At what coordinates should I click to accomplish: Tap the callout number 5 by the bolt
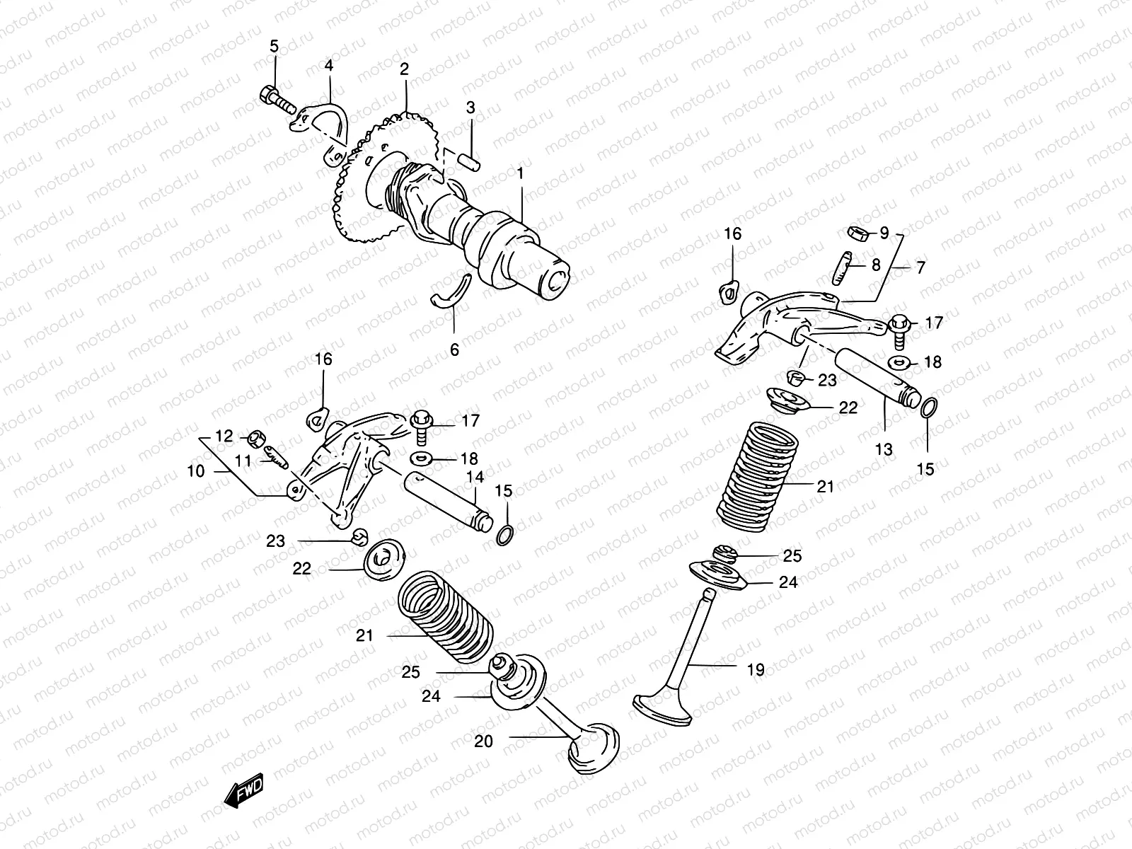click(x=275, y=47)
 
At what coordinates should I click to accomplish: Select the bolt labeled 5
click(x=277, y=99)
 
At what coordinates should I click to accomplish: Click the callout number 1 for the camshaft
click(x=520, y=173)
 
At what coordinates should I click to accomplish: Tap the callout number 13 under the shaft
click(x=883, y=449)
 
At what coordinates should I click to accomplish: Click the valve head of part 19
click(x=662, y=709)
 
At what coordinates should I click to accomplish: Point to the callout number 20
click(x=483, y=741)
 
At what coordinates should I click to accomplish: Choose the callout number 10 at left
click(x=196, y=470)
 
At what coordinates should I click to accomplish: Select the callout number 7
click(x=920, y=267)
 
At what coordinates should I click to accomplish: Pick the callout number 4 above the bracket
click(x=329, y=66)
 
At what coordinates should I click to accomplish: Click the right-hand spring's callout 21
click(x=825, y=487)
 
